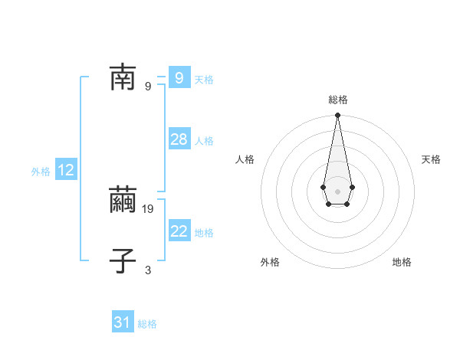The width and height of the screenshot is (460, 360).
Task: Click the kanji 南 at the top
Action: tap(123, 77)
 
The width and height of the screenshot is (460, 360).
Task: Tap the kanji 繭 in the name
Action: tap(123, 201)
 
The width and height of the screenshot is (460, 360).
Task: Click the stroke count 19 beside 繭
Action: tap(149, 208)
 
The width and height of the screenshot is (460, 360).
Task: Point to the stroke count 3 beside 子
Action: tap(148, 270)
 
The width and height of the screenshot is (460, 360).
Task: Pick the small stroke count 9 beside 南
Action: tap(148, 86)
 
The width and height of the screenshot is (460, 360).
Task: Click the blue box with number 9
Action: tap(179, 77)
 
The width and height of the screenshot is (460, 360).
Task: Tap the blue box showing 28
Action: tap(179, 139)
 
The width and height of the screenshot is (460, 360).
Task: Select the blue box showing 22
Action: tap(179, 231)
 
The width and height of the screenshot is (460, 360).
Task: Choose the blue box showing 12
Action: tap(66, 170)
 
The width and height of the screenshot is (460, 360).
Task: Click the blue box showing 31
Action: tap(123, 322)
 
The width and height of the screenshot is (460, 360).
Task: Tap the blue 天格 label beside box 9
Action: tap(204, 80)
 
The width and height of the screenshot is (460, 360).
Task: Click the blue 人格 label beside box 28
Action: tap(204, 141)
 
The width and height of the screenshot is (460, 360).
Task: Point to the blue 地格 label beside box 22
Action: tap(204, 233)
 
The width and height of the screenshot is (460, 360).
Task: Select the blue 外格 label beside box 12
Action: tap(41, 172)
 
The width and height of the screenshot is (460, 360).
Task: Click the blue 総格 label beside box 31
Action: tap(147, 325)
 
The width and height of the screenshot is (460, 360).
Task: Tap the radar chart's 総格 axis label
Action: tap(338, 100)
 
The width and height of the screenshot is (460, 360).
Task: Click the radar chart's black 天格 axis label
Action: tap(432, 159)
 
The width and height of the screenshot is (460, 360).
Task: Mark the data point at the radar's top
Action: tap(337, 115)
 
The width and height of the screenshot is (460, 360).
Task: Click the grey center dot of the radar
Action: tap(337, 191)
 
